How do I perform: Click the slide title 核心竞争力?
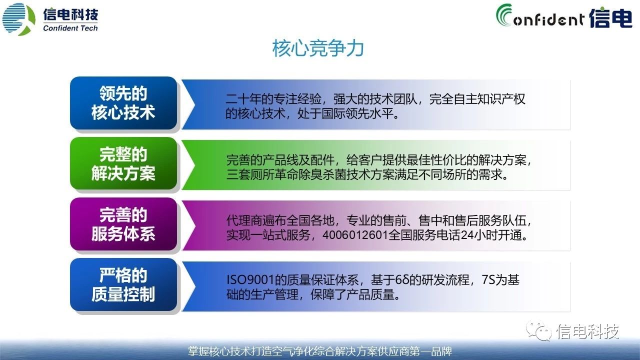(x=318, y=48)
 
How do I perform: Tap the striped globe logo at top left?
(x=19, y=19)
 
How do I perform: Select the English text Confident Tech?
(x=70, y=28)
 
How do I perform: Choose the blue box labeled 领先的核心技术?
(x=123, y=103)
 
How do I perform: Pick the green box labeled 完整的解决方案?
(x=123, y=163)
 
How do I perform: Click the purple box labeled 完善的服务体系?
(x=123, y=224)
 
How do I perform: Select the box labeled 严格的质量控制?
(x=123, y=284)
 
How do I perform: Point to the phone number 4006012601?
(x=355, y=235)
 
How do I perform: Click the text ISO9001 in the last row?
(x=250, y=279)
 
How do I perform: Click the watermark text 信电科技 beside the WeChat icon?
(x=587, y=331)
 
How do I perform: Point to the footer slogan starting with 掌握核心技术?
(x=320, y=351)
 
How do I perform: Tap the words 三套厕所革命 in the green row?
(x=262, y=174)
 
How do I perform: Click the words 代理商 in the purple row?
(x=244, y=220)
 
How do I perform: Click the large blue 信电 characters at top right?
(x=610, y=17)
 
